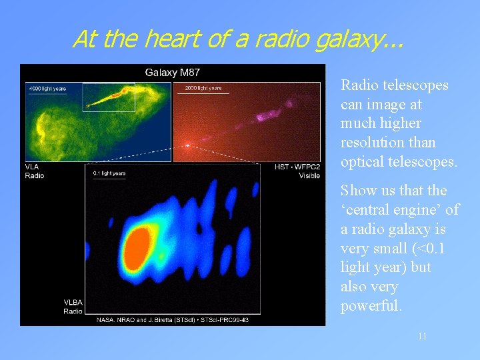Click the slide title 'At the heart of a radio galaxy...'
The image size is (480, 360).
tap(237, 39)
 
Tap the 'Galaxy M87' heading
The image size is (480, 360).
tap(173, 72)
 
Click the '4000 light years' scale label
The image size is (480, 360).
tap(47, 88)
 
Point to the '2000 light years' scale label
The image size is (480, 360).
tap(203, 88)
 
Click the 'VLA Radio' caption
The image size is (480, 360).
tap(35, 171)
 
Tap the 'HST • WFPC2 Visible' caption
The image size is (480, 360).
tap(297, 171)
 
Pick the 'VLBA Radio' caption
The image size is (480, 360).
tap(73, 307)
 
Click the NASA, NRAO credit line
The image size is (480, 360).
tap(173, 320)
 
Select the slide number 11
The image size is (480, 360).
tap(422, 337)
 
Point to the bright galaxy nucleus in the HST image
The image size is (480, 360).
tap(189, 145)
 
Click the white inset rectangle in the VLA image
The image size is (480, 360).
tap(109, 97)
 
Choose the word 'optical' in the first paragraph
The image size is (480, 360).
tap(363, 161)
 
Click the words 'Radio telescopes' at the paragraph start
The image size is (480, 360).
tap(394, 85)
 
